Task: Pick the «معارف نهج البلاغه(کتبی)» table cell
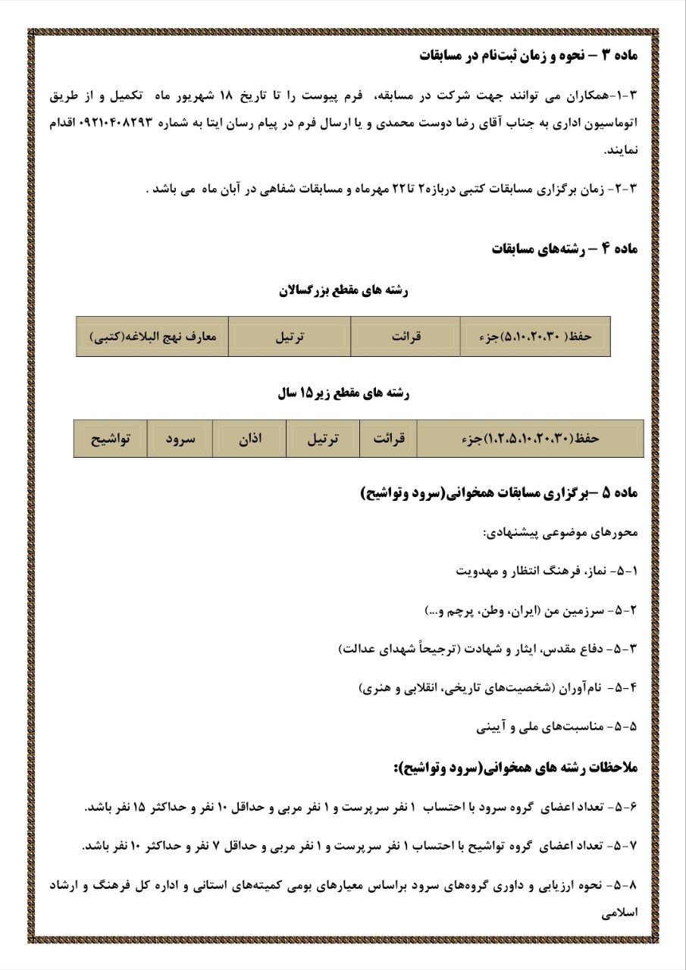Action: coord(152,336)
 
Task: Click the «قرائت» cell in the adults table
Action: coord(406,336)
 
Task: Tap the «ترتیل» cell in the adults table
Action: coord(289,336)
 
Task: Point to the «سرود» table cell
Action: coord(180,439)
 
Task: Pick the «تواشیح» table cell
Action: coord(111,439)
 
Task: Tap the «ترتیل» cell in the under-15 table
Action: coord(322,439)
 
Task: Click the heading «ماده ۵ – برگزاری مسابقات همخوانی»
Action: coord(500,494)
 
